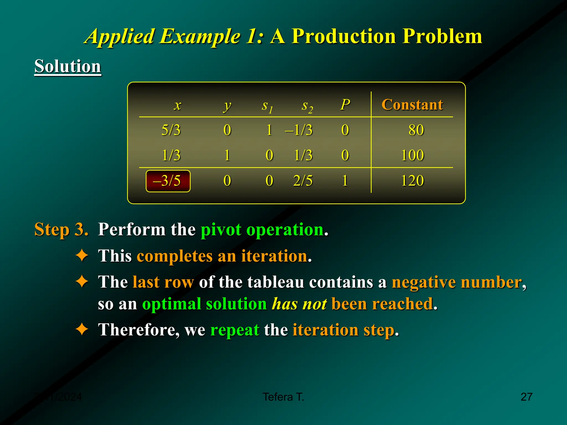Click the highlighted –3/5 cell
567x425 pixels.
tap(168, 181)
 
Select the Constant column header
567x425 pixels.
tap(412, 105)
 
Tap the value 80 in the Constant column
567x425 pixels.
tap(416, 130)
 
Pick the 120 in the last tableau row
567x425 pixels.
tap(412, 181)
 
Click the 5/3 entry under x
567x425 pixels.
tap(171, 130)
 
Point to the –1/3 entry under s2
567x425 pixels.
tap(299, 130)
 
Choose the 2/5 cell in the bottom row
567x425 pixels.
tap(303, 181)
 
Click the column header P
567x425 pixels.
tap(345, 105)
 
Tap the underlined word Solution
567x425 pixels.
tap(68, 66)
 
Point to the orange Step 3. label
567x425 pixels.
tap(61, 229)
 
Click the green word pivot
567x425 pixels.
tap(221, 230)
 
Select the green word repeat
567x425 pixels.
tap(234, 330)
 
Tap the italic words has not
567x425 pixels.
tap(299, 304)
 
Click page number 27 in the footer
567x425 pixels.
tap(526, 397)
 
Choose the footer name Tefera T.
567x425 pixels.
tap(283, 397)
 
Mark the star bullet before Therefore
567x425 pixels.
tap(82, 330)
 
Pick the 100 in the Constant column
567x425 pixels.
tap(412, 155)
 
